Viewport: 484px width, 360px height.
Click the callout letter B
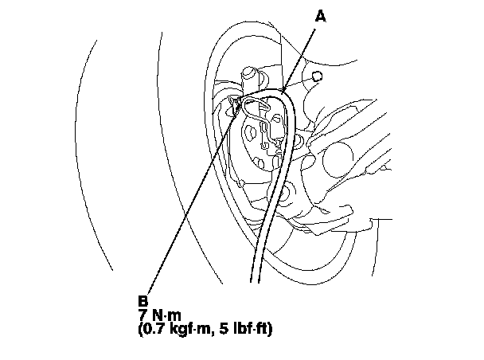(x=142, y=302)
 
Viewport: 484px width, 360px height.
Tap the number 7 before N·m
(x=142, y=315)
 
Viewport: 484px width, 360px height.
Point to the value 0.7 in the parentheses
(x=152, y=327)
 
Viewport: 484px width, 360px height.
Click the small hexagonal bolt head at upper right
(x=318, y=76)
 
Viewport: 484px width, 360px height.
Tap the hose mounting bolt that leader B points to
(x=235, y=104)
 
